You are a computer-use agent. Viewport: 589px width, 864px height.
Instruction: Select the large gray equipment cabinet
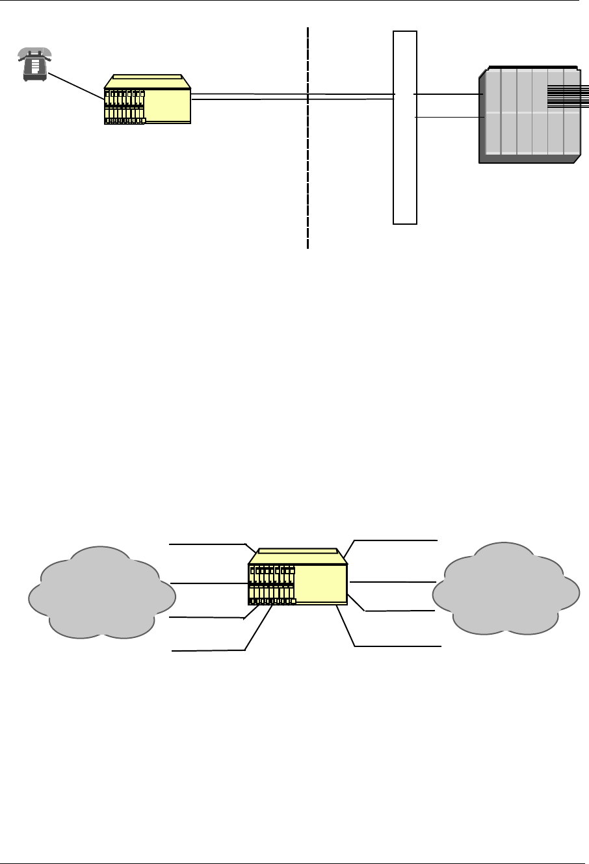click(x=528, y=115)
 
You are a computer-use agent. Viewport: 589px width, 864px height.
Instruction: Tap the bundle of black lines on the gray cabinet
click(x=568, y=95)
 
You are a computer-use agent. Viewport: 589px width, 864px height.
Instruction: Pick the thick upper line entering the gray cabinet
click(x=449, y=94)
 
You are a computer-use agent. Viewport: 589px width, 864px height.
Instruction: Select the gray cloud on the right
click(x=506, y=588)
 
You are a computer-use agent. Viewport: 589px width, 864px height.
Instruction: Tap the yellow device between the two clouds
click(x=298, y=578)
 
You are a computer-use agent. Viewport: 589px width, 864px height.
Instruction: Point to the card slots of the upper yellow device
click(x=125, y=107)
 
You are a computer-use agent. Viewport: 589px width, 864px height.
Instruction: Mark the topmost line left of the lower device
click(x=207, y=543)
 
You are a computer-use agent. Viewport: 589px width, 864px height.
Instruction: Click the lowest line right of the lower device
click(x=398, y=646)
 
